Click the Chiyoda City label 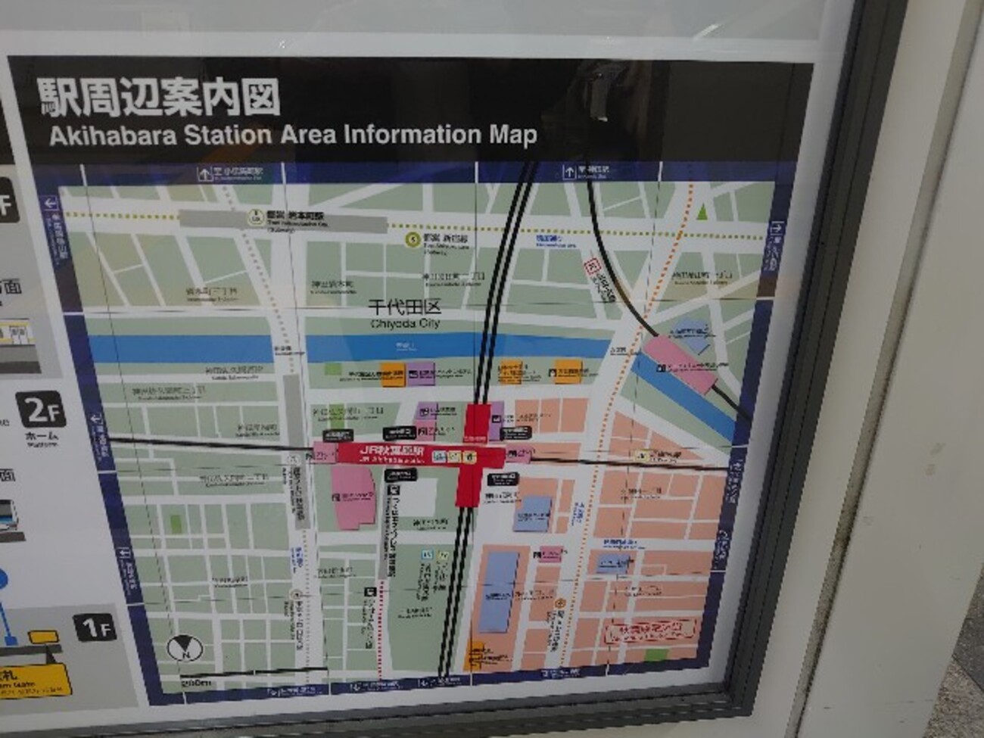pyautogui.click(x=405, y=315)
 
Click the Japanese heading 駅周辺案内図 pyautogui.click(x=160, y=98)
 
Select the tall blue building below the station pyautogui.click(x=498, y=589)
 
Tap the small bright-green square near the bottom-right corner pyautogui.click(x=658, y=655)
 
